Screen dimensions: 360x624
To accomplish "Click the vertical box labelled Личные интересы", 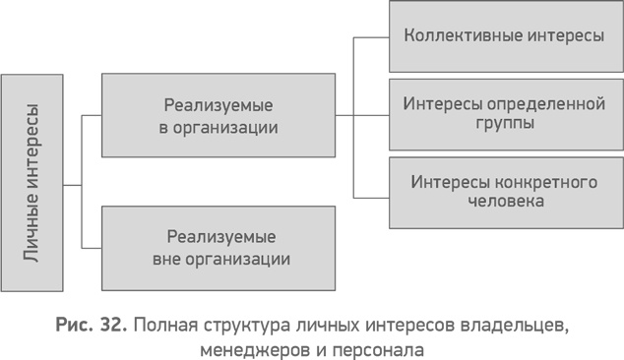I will (x=31, y=184).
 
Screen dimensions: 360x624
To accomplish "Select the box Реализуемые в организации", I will (x=218, y=115).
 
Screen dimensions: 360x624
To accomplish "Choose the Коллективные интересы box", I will (x=505, y=36).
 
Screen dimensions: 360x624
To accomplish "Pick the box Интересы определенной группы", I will (x=505, y=114).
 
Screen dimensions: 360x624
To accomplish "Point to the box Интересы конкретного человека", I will (x=505, y=192).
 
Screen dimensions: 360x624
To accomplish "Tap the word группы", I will (x=504, y=125).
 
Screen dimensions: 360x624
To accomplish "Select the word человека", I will (x=504, y=203).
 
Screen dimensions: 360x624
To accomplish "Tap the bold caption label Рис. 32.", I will (x=89, y=325).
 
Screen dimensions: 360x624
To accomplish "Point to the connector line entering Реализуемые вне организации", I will (x=91, y=248).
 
